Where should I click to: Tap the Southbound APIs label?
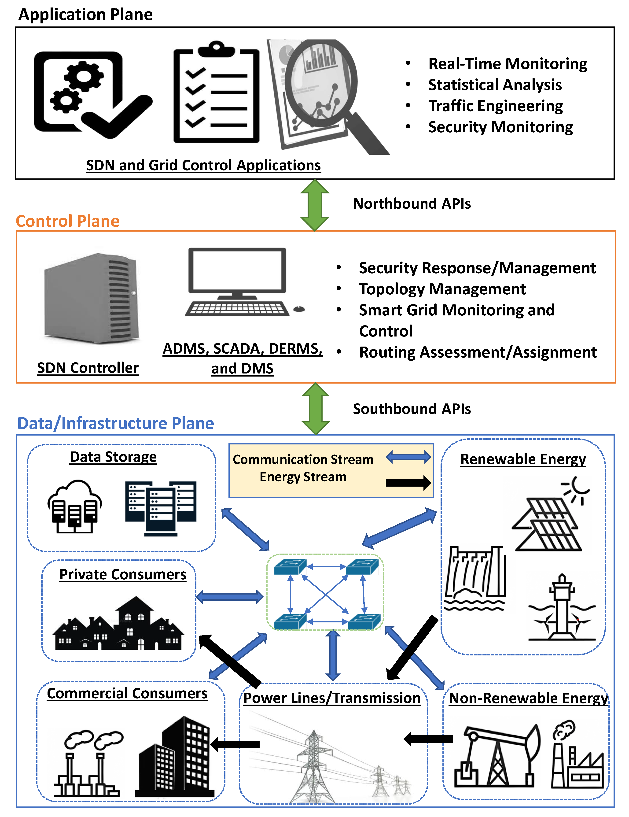[412, 409]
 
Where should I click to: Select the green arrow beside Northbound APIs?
[315, 205]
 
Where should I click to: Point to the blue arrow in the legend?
[408, 457]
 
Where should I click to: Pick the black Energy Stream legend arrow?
[408, 483]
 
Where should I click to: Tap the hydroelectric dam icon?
[475, 578]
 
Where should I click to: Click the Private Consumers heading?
[123, 574]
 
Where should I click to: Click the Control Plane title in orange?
[68, 221]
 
